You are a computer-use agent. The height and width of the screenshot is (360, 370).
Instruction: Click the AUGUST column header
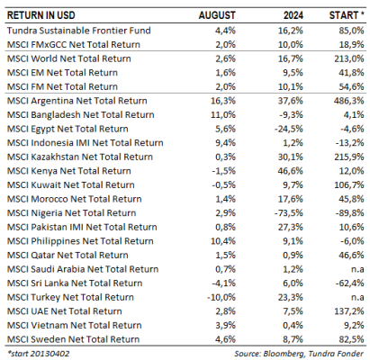tap(217, 15)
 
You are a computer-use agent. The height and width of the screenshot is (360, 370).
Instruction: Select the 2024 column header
tap(293, 15)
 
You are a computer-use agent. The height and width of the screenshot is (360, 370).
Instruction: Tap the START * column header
tap(347, 15)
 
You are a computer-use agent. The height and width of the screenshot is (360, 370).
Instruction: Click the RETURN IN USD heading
tap(41, 15)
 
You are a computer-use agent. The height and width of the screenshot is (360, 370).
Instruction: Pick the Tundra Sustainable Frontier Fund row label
tap(79, 31)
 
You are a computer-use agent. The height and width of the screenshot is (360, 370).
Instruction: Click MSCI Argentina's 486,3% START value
tap(349, 101)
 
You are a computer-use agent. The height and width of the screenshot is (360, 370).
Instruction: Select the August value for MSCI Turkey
tap(221, 297)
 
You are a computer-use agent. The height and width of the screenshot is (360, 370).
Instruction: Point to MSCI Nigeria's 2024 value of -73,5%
tap(289, 213)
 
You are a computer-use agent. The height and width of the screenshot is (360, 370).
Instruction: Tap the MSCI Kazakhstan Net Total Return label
tap(80, 157)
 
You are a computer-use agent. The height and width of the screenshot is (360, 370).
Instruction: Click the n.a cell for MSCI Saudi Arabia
tap(357, 269)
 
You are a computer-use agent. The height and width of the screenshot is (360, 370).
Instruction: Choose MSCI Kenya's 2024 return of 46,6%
tap(291, 171)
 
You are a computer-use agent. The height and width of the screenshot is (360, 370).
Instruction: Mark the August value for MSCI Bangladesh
tap(223, 114)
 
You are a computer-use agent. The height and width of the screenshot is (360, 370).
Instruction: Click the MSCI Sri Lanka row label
tap(75, 283)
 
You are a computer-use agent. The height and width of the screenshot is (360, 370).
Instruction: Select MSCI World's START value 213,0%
tap(349, 58)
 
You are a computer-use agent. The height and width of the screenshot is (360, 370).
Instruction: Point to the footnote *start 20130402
tap(38, 354)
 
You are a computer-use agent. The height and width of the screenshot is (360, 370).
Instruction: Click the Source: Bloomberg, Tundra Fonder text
tap(299, 354)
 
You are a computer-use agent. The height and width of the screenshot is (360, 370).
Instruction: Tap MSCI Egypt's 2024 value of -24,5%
tap(289, 129)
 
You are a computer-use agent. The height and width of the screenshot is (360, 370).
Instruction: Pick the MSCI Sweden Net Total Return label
tap(73, 339)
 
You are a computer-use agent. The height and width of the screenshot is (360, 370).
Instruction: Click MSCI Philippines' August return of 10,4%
tap(223, 241)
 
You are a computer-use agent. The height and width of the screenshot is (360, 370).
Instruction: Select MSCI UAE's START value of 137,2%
tap(349, 311)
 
